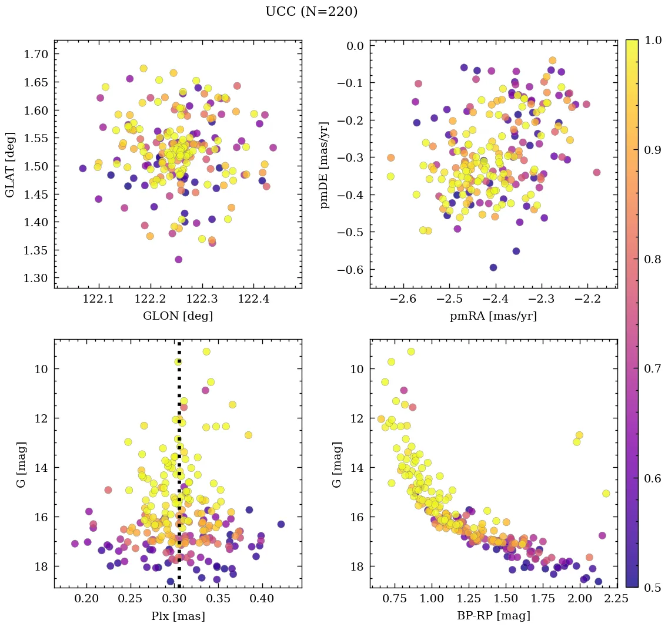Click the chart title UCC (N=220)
pos(311,12)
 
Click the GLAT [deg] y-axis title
pos(11,164)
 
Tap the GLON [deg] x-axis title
pos(178,316)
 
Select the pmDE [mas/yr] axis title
pos(325,165)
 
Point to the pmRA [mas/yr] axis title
pos(493,316)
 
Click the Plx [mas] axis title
pos(178,616)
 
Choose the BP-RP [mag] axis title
pos(493,616)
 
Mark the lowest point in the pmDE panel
pos(493,267)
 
